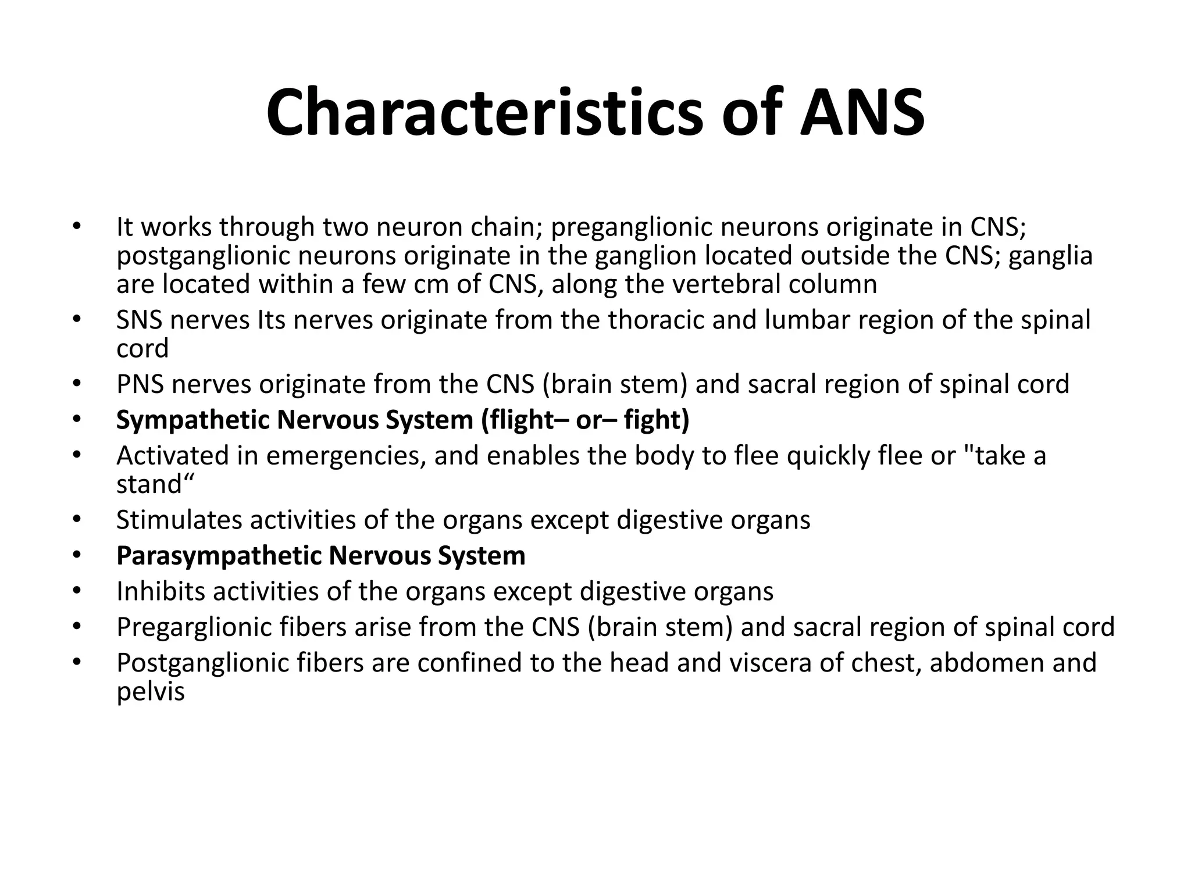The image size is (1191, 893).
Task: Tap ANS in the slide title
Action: (x=862, y=112)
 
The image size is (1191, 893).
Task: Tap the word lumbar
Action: (x=804, y=320)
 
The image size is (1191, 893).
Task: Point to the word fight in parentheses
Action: (x=656, y=420)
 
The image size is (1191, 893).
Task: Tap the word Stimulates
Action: (x=179, y=520)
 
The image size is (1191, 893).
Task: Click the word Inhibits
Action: (x=161, y=592)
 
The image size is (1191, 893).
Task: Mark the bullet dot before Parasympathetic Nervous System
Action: (x=76, y=556)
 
